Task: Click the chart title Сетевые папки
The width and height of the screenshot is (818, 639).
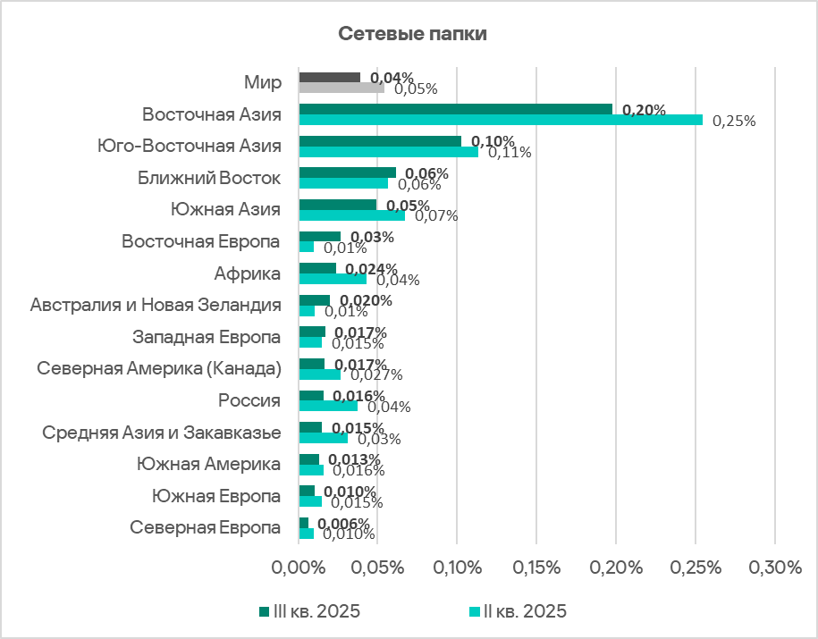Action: point(411,35)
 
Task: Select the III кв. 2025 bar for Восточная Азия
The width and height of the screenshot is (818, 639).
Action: point(456,109)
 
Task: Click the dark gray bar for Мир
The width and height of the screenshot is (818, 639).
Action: point(330,78)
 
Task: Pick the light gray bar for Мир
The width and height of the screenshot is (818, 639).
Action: point(342,88)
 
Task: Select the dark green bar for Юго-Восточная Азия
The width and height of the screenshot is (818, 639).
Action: point(380,141)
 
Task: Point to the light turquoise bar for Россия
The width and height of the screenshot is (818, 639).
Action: point(328,406)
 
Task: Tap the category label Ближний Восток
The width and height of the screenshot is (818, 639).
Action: point(209,178)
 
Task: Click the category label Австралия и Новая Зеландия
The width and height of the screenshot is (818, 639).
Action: point(156,305)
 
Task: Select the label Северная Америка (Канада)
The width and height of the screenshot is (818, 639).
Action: point(159,368)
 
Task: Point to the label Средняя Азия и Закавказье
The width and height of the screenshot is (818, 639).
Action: point(163,433)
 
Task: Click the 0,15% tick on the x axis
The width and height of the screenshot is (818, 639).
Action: point(536,568)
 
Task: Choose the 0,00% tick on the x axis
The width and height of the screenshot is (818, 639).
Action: point(298,568)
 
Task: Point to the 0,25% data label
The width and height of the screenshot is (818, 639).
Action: point(734,121)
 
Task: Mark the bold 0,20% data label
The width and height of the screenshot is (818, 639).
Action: point(644,110)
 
